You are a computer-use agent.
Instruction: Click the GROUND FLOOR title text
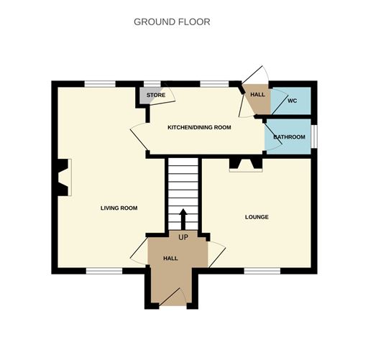[x=172, y=22]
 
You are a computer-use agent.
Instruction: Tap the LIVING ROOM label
[x=119, y=208]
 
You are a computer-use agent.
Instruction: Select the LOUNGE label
[x=257, y=216]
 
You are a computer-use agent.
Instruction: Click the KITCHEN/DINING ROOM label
[x=199, y=127]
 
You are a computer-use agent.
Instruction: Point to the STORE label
[x=156, y=95]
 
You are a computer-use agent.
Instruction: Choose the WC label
[x=292, y=101]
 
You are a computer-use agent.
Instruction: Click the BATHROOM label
[x=289, y=137]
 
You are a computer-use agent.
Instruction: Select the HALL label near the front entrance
[x=170, y=258]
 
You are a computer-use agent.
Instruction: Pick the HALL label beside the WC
[x=257, y=94]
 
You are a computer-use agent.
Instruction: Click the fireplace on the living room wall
[x=63, y=177]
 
